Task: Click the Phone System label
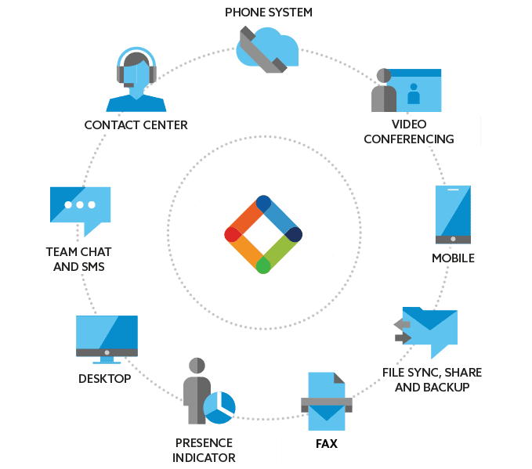coord(268,13)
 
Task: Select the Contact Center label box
coord(136,124)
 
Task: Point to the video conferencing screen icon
coord(411,91)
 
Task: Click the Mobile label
coord(453,258)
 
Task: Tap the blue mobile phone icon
coord(453,215)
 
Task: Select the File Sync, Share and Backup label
coord(430,378)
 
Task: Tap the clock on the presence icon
coord(219,406)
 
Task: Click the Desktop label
coord(104,379)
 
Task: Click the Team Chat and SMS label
coord(78,259)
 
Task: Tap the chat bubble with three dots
coord(80,207)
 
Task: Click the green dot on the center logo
coord(263,266)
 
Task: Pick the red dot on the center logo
coord(232,234)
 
